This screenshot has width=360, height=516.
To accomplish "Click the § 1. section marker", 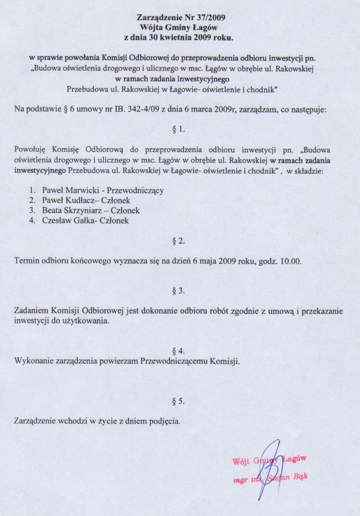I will tap(179, 129).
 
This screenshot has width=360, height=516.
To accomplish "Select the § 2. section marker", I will tap(179, 241).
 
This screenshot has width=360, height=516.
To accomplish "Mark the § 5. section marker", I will tap(179, 401).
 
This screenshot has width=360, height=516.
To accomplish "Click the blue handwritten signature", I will tap(267, 466).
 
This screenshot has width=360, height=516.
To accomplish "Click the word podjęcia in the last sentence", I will tap(163, 421).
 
